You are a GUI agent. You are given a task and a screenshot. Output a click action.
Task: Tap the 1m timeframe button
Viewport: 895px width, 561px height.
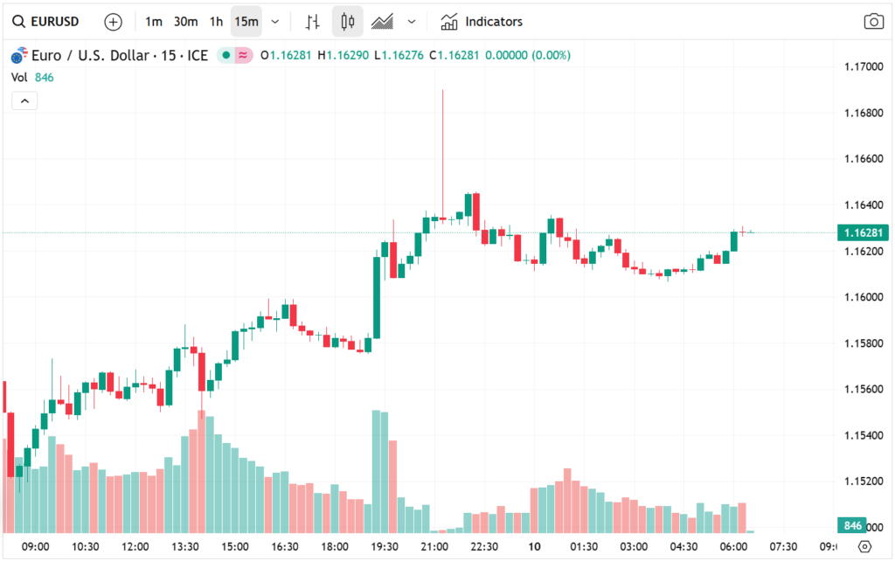(x=153, y=22)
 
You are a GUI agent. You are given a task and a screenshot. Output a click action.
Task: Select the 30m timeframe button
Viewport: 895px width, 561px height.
(x=185, y=22)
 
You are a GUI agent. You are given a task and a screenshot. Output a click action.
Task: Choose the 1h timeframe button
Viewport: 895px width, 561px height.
(x=216, y=22)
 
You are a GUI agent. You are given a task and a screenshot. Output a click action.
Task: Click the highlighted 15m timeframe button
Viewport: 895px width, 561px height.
(x=246, y=22)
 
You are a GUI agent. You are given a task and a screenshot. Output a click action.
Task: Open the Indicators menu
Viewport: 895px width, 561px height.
(x=482, y=22)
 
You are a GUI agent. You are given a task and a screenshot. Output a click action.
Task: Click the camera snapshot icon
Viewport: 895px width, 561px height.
(x=872, y=22)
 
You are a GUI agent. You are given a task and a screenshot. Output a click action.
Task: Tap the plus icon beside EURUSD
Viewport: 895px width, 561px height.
(x=113, y=22)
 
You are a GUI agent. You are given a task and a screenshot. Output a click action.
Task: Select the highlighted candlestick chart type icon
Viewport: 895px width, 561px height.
(x=347, y=22)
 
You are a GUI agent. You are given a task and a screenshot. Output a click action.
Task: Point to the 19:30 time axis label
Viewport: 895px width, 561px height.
(x=385, y=546)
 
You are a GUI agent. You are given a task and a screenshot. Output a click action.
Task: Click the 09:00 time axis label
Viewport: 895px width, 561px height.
(x=35, y=546)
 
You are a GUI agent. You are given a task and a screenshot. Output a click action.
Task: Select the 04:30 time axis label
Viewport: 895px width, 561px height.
(x=684, y=546)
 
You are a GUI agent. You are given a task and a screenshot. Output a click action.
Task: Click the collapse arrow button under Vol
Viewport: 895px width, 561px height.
(x=24, y=101)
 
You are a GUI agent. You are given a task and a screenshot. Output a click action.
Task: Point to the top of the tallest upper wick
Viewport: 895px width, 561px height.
(x=443, y=90)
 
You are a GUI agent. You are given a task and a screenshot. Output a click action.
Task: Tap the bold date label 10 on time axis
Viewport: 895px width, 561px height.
(x=534, y=546)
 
